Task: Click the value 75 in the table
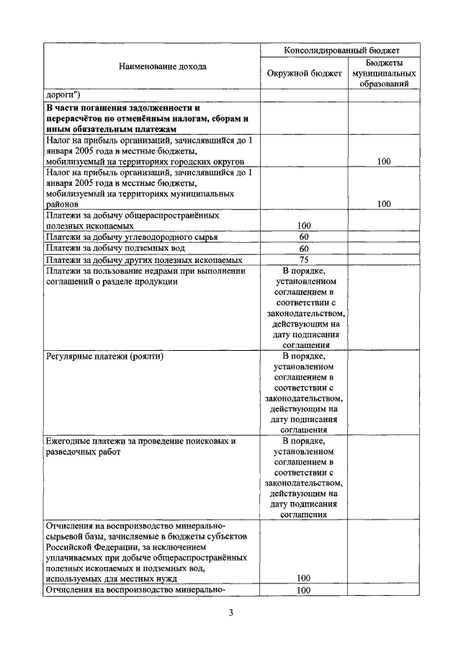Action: [304, 259]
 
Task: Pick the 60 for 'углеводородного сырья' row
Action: [304, 236]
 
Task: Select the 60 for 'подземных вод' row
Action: [304, 249]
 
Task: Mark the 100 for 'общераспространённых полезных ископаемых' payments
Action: [304, 225]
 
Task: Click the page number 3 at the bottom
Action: [230, 614]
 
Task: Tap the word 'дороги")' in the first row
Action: [64, 94]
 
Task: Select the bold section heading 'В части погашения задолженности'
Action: [122, 107]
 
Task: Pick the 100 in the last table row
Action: [304, 591]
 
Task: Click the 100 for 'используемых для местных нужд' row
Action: [304, 578]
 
